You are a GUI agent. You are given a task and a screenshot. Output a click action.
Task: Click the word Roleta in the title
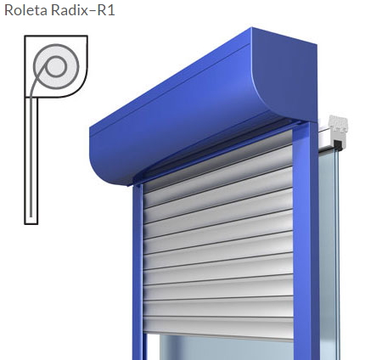25,10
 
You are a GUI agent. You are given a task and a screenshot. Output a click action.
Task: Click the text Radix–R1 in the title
83,10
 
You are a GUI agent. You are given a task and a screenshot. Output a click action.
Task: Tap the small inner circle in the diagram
56,66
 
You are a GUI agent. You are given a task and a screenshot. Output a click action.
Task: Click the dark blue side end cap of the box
287,76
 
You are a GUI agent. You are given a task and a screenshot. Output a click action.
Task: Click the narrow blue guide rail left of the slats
138,272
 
